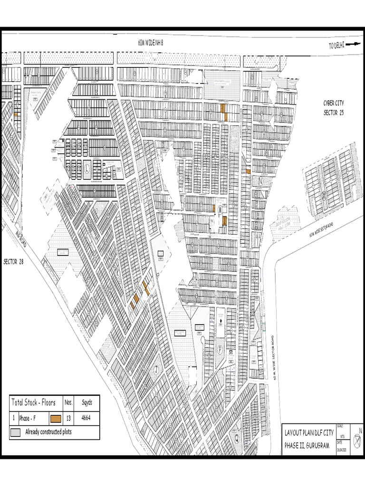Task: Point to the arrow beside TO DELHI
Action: (353, 45)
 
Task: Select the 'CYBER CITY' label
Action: (334, 103)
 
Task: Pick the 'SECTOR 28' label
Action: (13, 262)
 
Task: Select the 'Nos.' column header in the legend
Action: (68, 402)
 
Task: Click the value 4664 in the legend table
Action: (86, 418)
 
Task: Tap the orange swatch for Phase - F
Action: (56, 418)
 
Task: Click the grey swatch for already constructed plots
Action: (16, 432)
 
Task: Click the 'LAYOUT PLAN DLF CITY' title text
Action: (308, 433)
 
